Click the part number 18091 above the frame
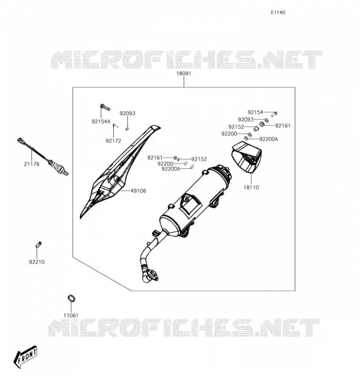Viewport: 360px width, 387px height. [183, 74]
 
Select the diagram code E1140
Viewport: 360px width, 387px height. [278, 13]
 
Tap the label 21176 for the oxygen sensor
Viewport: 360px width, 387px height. [31, 164]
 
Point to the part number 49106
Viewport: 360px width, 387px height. [138, 191]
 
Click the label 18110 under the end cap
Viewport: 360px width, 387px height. [251, 187]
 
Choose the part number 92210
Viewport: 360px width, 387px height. [37, 262]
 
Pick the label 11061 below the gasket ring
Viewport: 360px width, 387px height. [71, 315]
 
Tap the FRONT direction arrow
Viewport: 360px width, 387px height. [26, 357]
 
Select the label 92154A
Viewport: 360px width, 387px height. [101, 121]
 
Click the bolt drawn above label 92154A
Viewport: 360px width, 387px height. [105, 107]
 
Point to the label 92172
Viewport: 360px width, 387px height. [113, 141]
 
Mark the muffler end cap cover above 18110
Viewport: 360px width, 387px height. [246, 157]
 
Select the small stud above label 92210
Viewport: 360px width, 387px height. [39, 244]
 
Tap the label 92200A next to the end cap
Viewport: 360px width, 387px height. [269, 139]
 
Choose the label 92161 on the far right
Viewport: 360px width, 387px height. [283, 126]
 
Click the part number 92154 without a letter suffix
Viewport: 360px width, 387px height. [255, 112]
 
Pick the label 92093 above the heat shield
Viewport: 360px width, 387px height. [127, 113]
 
